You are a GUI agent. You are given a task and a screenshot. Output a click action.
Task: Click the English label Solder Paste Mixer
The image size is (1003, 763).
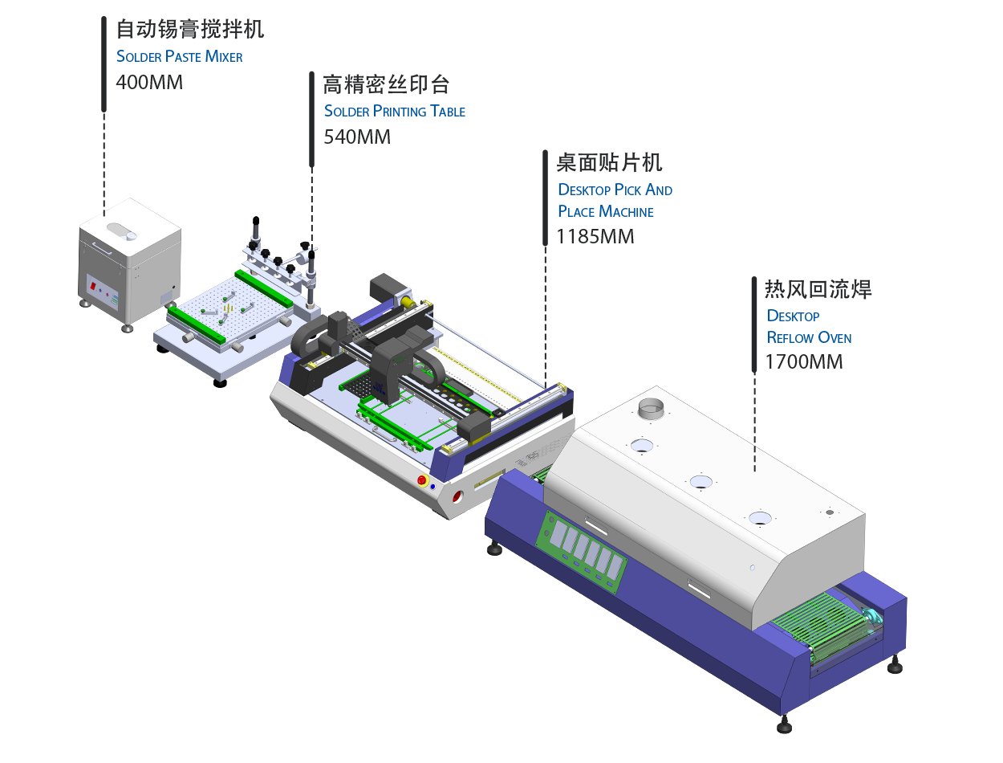tap(179, 56)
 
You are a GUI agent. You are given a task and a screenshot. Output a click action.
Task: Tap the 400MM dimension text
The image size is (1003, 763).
tap(149, 82)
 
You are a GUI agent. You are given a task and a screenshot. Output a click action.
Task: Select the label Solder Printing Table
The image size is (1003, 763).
tap(394, 111)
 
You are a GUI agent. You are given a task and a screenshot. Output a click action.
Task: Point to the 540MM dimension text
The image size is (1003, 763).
tap(356, 137)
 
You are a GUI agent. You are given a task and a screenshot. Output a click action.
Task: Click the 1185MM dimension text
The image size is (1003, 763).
tap(595, 237)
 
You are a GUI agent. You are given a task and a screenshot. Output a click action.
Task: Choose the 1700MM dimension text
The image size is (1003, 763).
tap(804, 361)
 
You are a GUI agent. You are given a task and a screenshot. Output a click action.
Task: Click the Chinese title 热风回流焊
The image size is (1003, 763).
tap(818, 289)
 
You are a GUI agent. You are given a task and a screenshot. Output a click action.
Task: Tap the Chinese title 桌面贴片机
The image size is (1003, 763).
tap(609, 164)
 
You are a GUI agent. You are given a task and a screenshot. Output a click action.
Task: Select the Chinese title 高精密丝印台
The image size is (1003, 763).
tap(385, 84)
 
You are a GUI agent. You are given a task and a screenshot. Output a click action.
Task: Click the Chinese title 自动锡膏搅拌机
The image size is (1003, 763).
tap(190, 30)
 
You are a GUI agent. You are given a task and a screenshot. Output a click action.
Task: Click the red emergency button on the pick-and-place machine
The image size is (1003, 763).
tap(422, 480)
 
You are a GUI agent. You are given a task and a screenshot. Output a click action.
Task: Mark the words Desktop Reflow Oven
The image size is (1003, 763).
tap(808, 326)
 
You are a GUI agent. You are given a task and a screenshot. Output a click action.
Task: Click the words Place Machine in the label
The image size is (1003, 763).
tap(606, 211)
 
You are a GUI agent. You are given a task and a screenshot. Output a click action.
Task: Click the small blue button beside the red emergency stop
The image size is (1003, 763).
tap(433, 486)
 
